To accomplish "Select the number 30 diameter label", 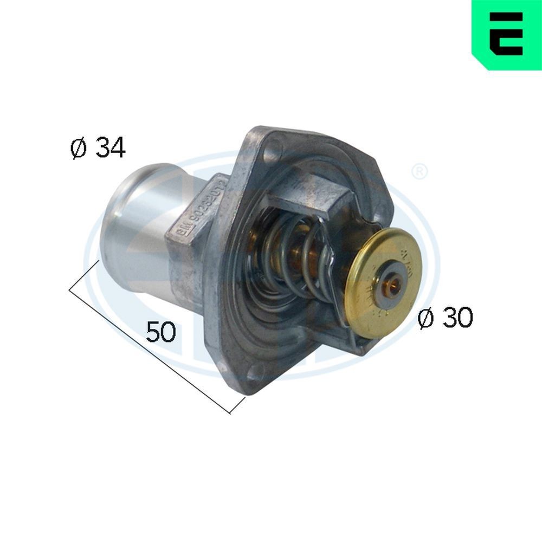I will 457,319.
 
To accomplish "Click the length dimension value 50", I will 161,332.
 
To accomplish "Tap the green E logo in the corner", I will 507,36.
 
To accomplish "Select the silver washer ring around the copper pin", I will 390,282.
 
